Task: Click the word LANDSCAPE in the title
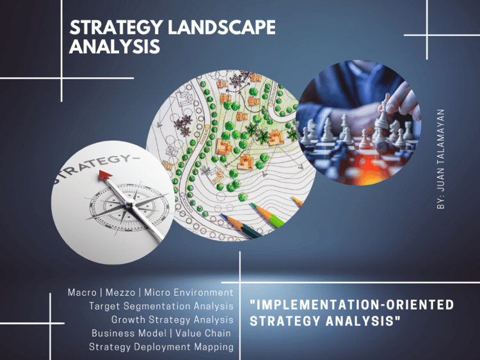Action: pos(221,28)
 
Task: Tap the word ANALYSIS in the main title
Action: pos(115,47)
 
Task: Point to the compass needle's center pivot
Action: pos(129,202)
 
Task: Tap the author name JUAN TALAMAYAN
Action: pos(440,150)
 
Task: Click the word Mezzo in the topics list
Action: pos(120,293)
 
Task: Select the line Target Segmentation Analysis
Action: pos(161,306)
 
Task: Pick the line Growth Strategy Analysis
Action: pos(172,320)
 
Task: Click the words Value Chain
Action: pos(203,333)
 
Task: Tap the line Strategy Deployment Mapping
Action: pos(161,347)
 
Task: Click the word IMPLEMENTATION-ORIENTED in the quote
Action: pos(352,305)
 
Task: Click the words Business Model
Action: pos(129,333)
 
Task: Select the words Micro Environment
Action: pos(189,293)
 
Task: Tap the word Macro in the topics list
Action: pos(82,293)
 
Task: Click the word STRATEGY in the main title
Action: pos(116,28)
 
